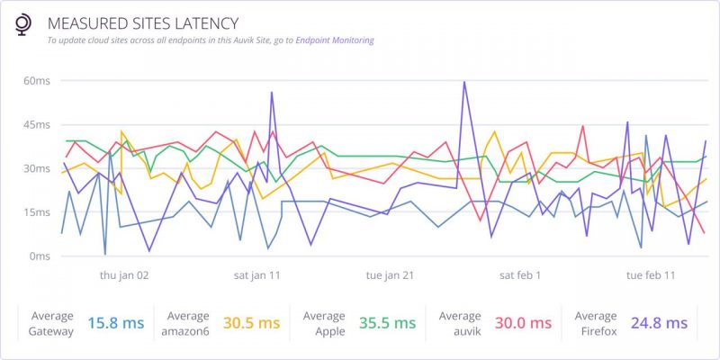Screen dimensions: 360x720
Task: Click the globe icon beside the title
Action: (x=23, y=26)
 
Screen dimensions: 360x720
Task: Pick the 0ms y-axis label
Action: (x=40, y=256)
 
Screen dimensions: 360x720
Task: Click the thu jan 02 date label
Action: (x=124, y=275)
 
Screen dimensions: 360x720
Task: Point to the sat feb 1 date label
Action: (x=520, y=275)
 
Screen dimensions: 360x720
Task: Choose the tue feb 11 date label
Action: (x=651, y=275)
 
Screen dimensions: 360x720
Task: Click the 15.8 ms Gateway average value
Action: (x=115, y=323)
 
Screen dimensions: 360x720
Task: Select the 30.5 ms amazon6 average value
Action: (x=251, y=323)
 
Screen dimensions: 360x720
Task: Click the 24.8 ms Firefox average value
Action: (x=659, y=323)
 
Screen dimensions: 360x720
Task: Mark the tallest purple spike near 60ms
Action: (x=464, y=83)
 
